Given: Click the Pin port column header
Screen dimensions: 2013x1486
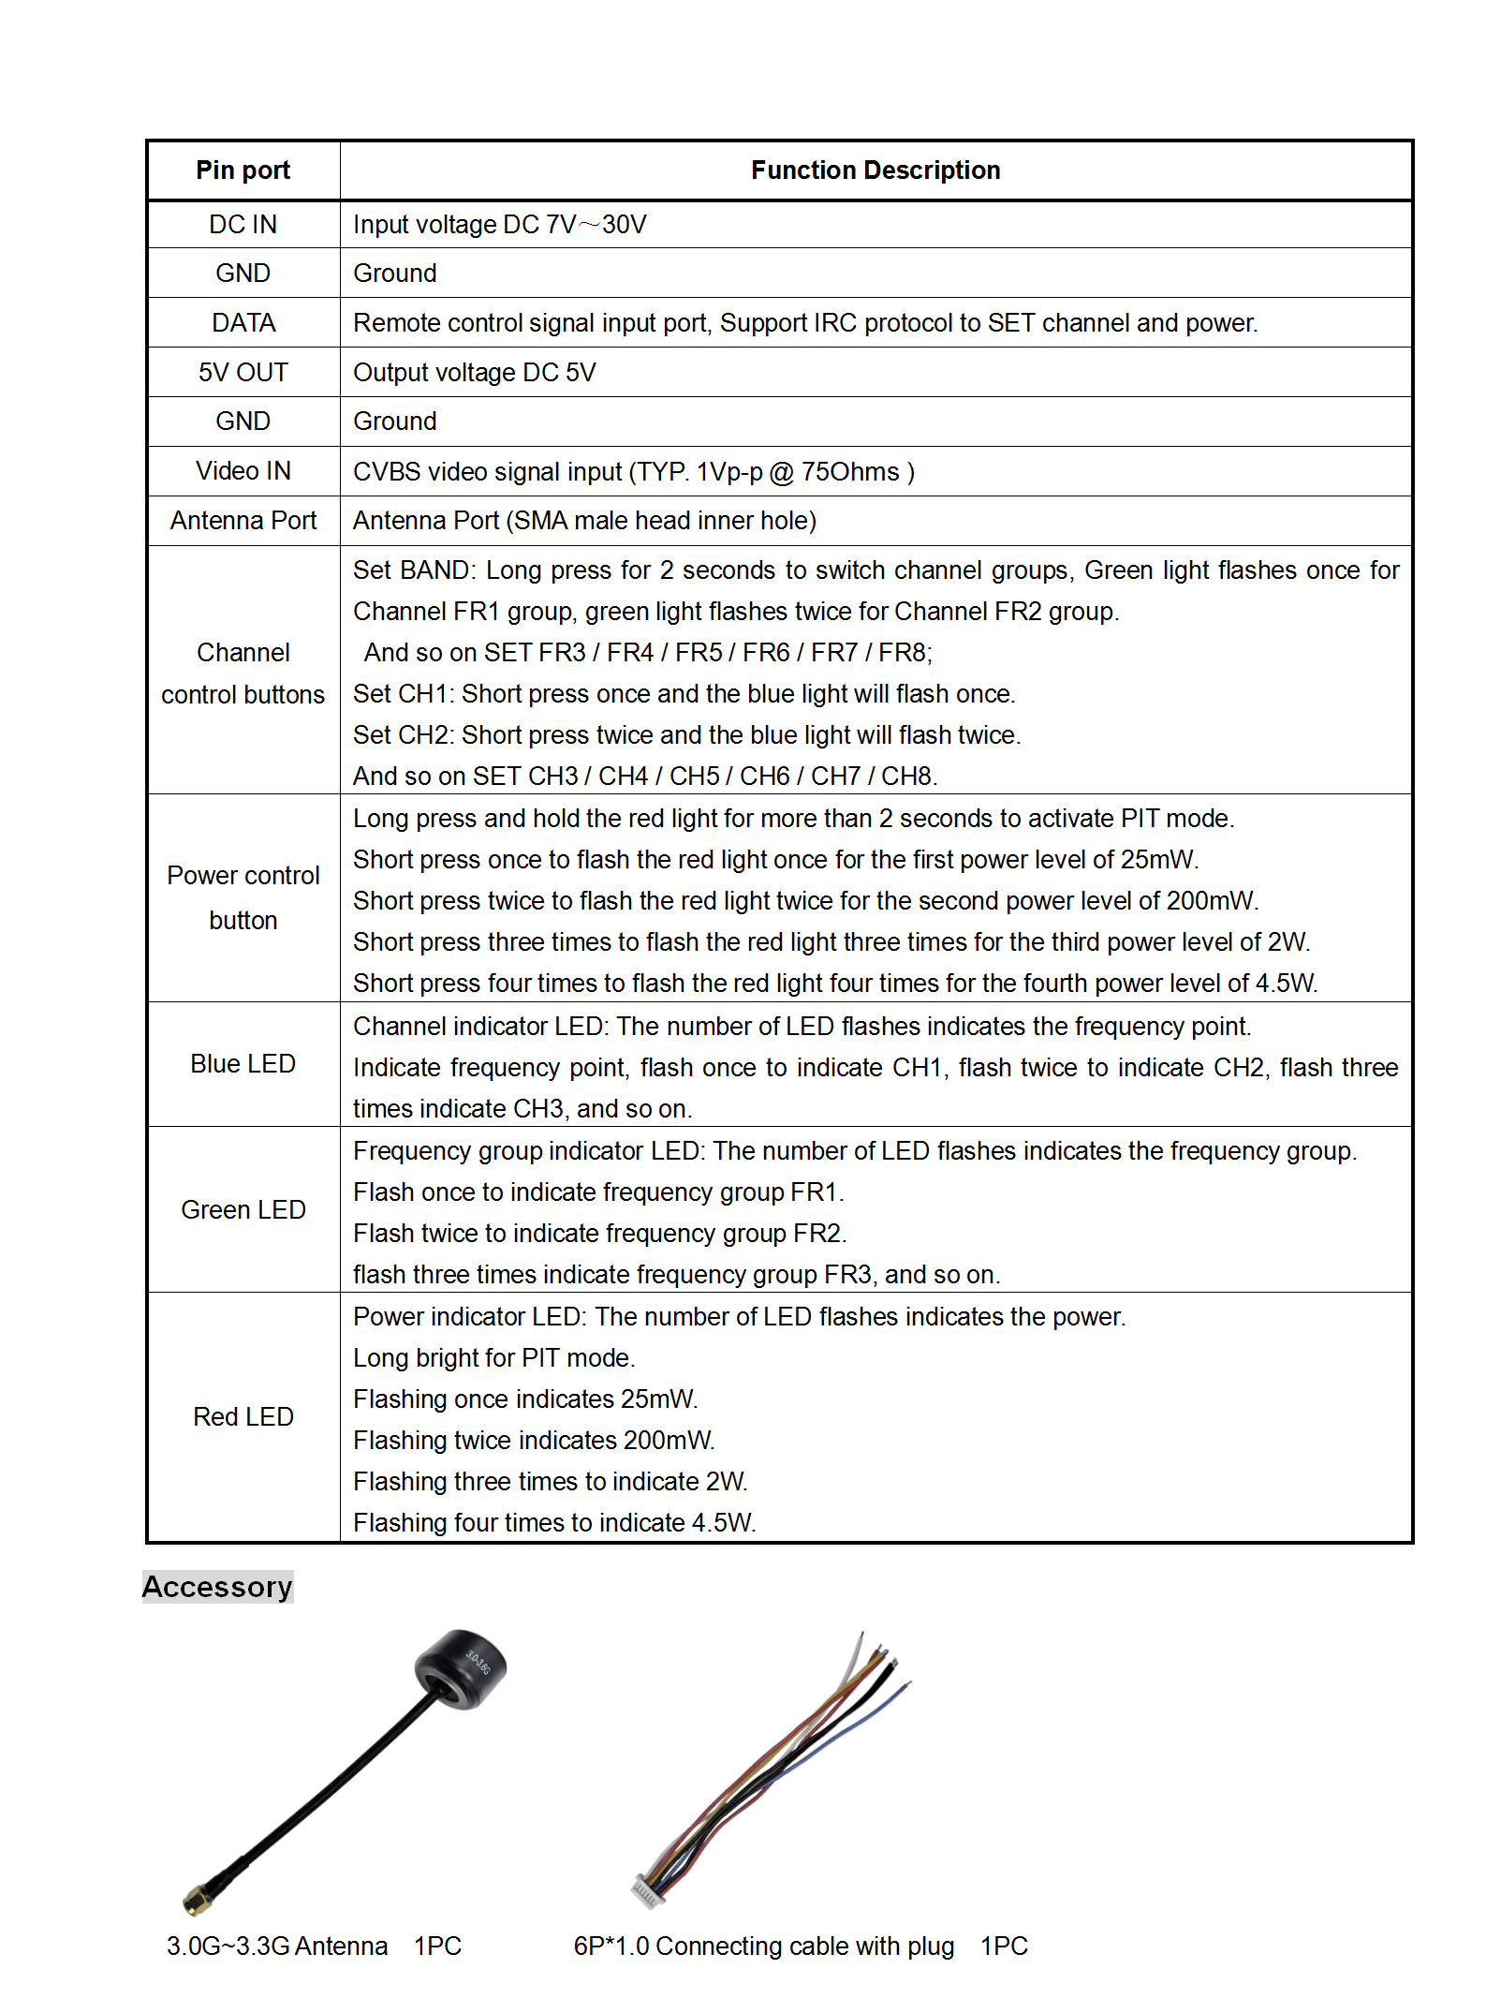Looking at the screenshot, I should [x=243, y=170].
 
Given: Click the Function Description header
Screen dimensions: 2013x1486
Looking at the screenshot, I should [x=875, y=170].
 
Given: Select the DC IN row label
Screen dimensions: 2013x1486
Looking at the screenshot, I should [x=243, y=225].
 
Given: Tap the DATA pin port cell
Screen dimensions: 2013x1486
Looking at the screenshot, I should [x=243, y=323].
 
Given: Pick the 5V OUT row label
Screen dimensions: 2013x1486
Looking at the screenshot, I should [x=243, y=373].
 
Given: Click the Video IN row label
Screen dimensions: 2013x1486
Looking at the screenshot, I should [x=243, y=471].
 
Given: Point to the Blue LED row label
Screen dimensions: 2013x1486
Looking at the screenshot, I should [x=243, y=1064].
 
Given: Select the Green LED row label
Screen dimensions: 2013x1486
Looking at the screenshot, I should [x=243, y=1210].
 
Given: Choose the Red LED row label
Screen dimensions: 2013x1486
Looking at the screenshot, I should [x=243, y=1417].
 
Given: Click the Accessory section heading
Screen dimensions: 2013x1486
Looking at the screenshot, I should [x=217, y=1587].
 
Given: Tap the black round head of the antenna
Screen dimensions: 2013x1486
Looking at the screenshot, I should [x=461, y=1668].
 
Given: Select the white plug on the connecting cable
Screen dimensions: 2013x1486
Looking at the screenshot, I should [x=648, y=1892].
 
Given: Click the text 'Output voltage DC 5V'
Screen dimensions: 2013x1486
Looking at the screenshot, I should [x=474, y=373].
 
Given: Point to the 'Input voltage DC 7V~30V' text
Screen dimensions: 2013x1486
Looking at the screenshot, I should [x=499, y=225].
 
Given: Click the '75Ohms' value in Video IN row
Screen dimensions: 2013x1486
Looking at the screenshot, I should [x=849, y=471].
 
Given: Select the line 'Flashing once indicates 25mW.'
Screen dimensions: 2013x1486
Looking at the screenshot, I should [x=524, y=1399].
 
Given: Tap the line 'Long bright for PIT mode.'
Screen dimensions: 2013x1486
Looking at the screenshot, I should [x=493, y=1358].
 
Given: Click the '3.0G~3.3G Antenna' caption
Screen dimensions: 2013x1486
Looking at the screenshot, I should [x=277, y=1946].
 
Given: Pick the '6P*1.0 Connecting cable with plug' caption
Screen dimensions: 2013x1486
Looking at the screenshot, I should [x=763, y=1946].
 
